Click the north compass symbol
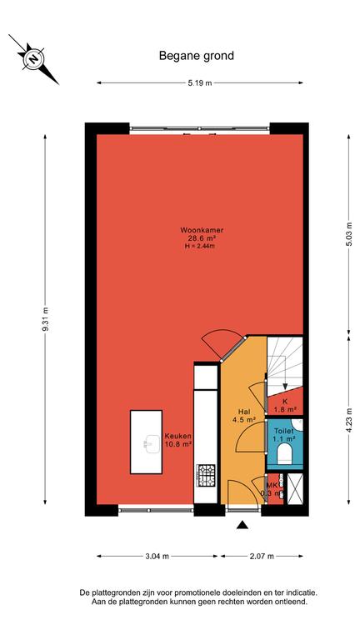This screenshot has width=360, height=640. [x=34, y=59]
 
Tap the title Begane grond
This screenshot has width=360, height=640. [x=197, y=56]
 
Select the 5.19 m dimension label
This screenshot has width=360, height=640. [x=200, y=83]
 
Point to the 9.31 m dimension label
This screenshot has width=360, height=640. [x=45, y=319]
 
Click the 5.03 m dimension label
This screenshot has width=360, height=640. [x=348, y=233]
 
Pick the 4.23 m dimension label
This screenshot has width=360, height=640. [x=348, y=420]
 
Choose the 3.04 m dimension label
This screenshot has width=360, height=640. [x=157, y=556]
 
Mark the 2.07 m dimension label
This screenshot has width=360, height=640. [x=262, y=556]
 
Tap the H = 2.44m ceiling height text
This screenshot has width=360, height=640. [x=200, y=246]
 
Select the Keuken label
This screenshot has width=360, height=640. [x=178, y=436]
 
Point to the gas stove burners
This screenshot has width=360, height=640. [x=206, y=475]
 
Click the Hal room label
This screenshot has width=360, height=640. [x=245, y=412]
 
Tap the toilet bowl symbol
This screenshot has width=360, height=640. [x=284, y=454]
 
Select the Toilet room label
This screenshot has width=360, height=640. [x=283, y=431]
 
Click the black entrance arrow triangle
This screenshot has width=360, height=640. [x=242, y=525]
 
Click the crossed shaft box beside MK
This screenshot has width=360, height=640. [x=295, y=488]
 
